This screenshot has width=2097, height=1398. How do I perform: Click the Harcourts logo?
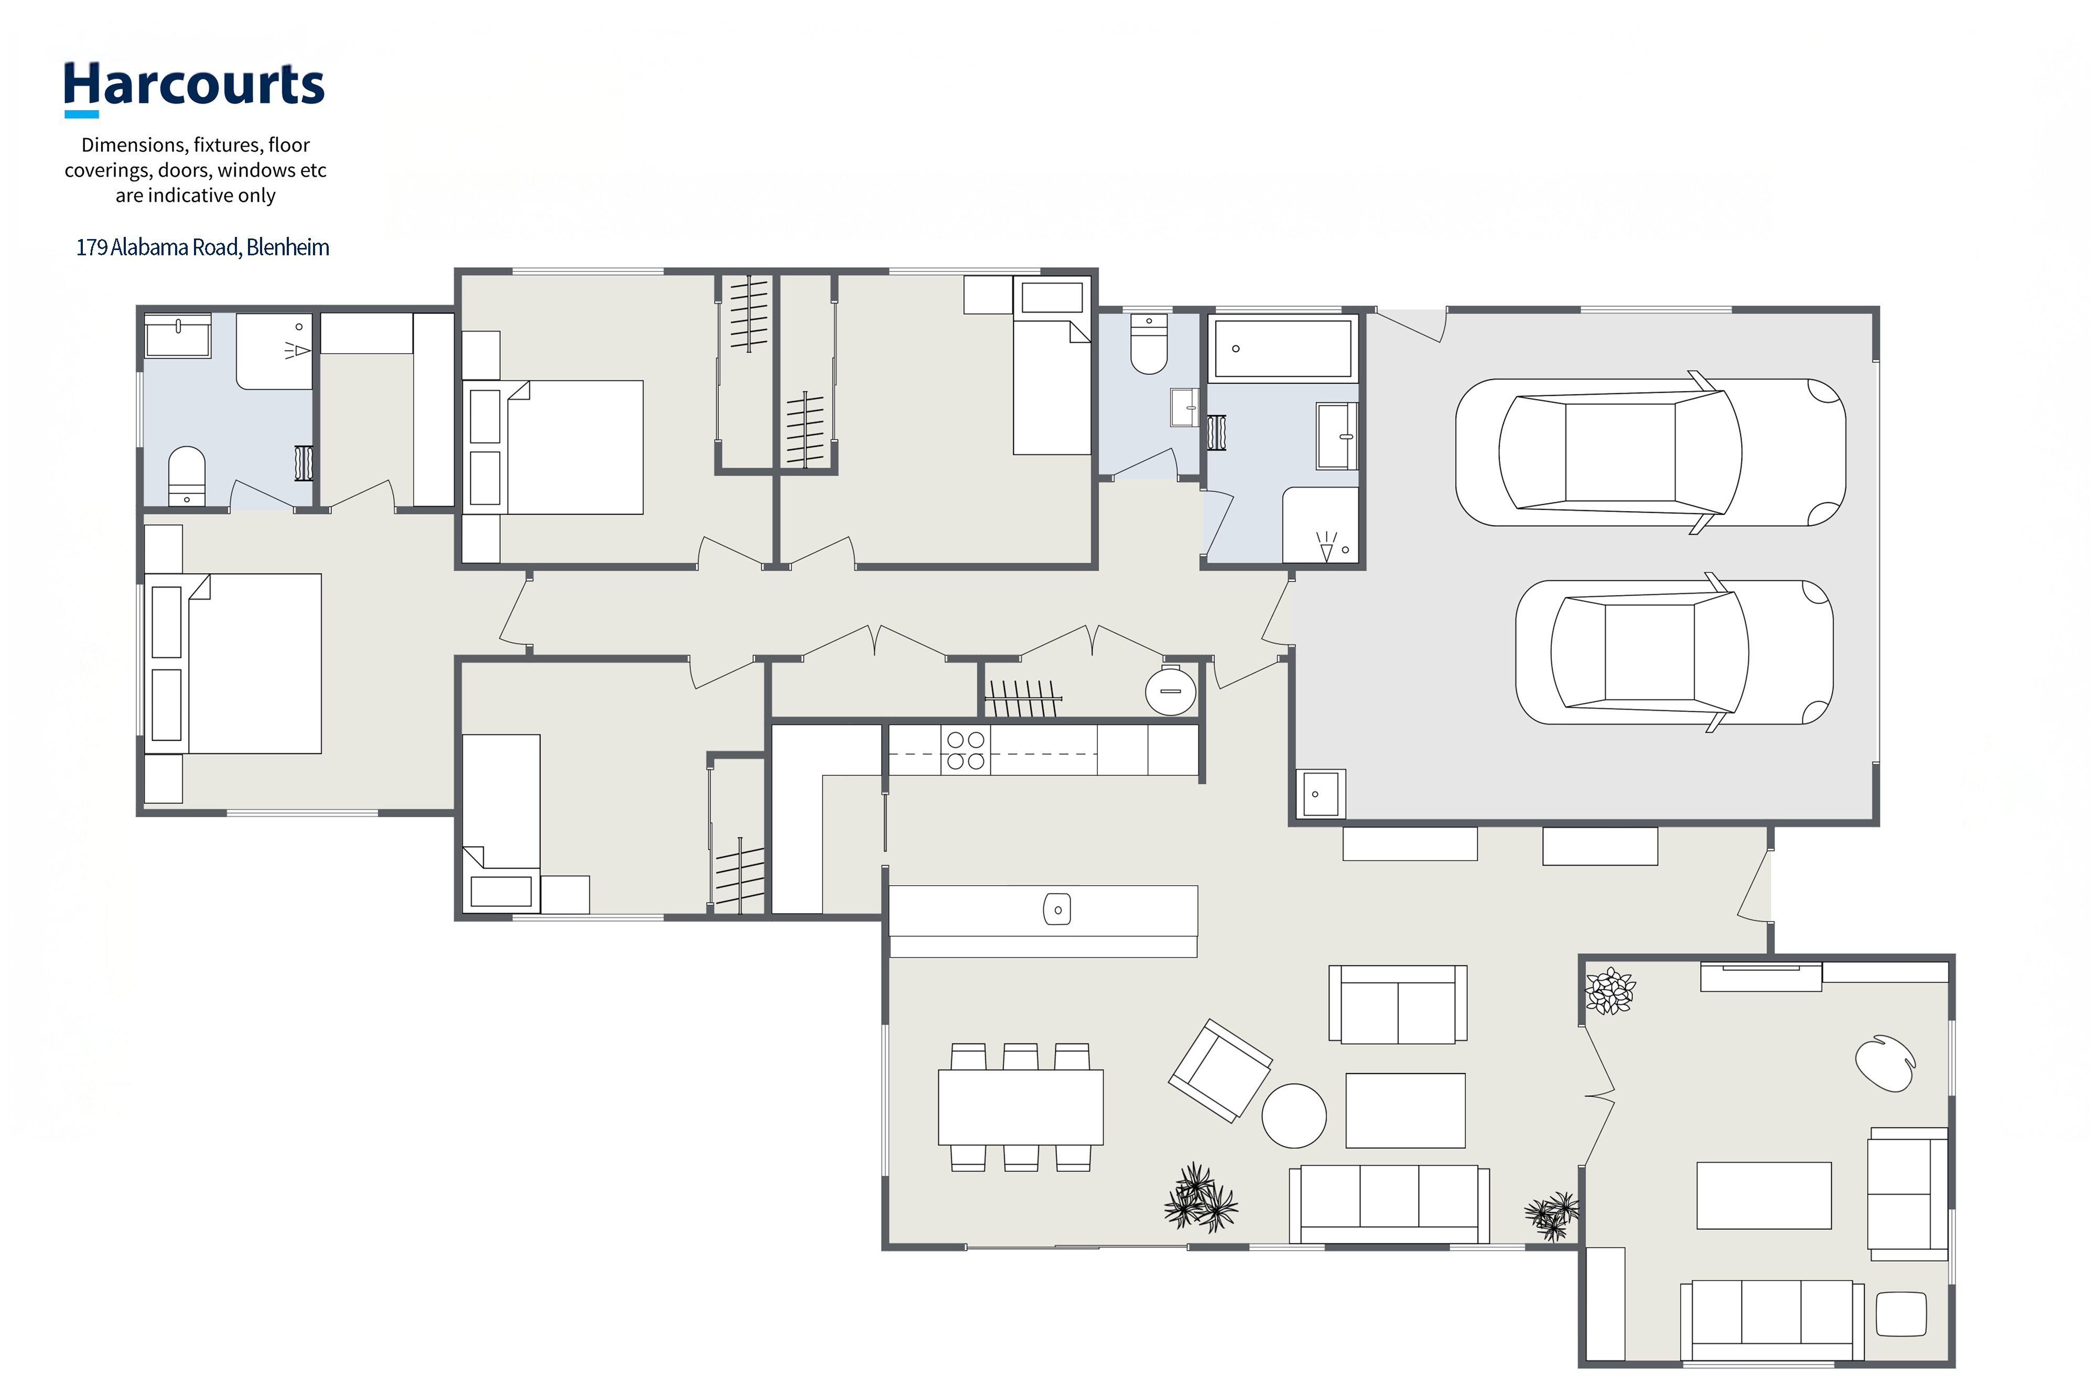click(194, 88)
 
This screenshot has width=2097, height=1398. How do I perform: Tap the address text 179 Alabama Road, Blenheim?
click(202, 247)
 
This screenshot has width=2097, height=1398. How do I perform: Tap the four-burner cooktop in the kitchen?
click(966, 750)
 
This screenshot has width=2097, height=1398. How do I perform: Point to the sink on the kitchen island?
click(1057, 909)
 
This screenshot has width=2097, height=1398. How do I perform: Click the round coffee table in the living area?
click(1294, 1115)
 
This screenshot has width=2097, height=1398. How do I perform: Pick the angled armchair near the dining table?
click(1220, 1070)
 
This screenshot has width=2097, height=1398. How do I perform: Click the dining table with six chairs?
click(1021, 1107)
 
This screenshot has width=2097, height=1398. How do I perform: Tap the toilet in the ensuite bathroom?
click(186, 476)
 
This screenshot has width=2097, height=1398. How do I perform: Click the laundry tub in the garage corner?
click(1321, 793)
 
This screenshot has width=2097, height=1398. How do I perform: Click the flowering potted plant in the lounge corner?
click(1610, 991)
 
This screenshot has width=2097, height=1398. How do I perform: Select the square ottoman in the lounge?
click(1902, 1314)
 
